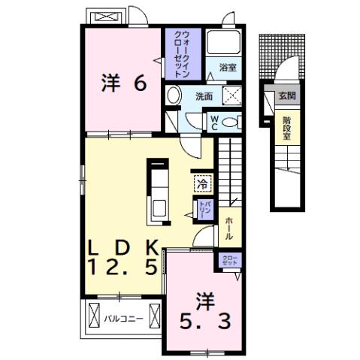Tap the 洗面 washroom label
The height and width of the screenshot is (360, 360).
pos(204,95)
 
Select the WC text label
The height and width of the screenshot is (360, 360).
pos(213,122)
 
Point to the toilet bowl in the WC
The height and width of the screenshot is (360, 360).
pos(231,122)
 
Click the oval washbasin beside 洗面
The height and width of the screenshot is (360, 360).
pos(174,95)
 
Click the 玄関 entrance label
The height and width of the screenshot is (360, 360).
pos(286,95)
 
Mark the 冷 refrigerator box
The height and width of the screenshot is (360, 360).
pos(201,182)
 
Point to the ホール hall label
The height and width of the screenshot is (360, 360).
pos(228,227)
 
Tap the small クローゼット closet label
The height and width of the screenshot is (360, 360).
pos(228,260)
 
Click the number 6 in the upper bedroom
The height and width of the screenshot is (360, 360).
pos(139,83)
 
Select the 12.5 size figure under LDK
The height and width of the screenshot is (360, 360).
pos(123,266)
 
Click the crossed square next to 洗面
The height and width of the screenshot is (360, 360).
pos(232,96)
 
